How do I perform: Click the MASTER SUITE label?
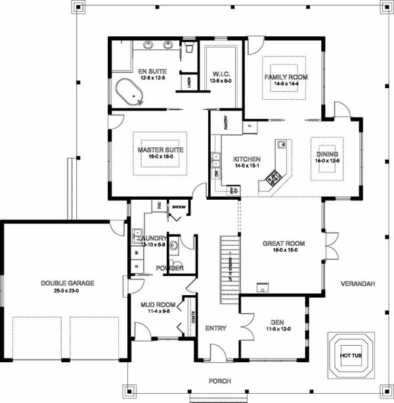(x=160, y=150)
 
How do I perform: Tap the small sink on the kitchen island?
(x=280, y=144)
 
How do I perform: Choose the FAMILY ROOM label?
(x=286, y=77)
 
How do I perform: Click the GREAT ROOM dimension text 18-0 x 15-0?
(x=281, y=249)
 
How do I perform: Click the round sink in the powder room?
(x=173, y=247)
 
